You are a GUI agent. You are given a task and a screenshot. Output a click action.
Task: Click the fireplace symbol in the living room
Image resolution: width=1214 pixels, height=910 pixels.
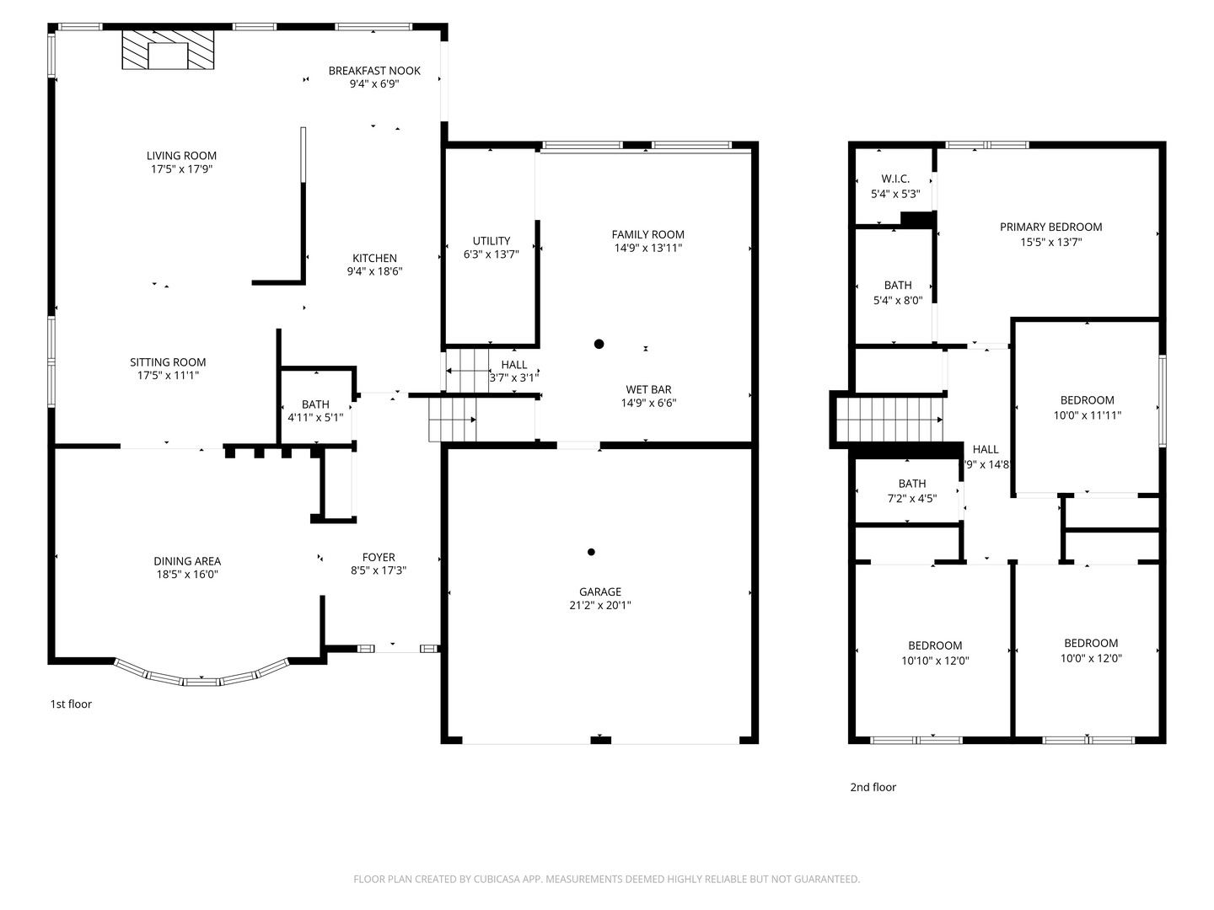tap(168, 51)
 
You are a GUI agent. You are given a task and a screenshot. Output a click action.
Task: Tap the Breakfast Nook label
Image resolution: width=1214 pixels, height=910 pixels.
tap(374, 71)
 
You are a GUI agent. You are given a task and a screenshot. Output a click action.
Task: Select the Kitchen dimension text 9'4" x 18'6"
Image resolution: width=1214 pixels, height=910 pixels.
tap(374, 271)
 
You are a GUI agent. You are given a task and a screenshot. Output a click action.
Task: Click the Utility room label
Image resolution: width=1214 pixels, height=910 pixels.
tap(492, 241)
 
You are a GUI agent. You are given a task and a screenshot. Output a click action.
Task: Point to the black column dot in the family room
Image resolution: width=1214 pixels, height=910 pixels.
tap(599, 344)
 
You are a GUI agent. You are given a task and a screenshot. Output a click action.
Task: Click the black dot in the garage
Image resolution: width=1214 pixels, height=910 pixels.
tap(591, 552)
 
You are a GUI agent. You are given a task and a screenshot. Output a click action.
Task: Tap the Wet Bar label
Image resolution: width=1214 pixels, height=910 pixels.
tap(648, 389)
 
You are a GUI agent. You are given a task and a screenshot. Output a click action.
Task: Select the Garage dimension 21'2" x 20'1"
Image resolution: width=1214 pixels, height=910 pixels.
tap(599, 605)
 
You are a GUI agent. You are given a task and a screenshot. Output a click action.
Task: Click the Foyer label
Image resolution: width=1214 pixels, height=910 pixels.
tap(379, 557)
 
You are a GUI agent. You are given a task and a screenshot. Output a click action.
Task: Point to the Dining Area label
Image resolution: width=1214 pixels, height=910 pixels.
tap(187, 561)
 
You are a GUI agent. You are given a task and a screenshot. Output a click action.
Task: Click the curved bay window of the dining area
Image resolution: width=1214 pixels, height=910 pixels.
tap(202, 677)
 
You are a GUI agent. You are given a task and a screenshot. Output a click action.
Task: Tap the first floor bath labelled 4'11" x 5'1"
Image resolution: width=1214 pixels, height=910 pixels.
tap(315, 410)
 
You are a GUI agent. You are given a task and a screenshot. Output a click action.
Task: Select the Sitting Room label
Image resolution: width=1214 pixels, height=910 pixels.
tap(168, 362)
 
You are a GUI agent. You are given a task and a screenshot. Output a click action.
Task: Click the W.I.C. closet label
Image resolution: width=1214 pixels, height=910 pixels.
tap(895, 179)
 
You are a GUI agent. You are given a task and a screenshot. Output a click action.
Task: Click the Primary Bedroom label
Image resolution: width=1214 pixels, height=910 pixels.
tap(1050, 227)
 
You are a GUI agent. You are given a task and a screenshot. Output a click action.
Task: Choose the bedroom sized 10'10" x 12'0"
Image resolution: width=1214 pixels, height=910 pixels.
tap(935, 653)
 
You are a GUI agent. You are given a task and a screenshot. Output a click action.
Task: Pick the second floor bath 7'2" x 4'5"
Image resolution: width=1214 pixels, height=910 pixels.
tap(911, 490)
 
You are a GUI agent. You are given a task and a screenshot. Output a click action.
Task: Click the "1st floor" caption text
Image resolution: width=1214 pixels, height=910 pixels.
tap(71, 704)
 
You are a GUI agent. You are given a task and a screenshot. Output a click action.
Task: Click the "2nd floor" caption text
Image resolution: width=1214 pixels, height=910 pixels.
tap(873, 787)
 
